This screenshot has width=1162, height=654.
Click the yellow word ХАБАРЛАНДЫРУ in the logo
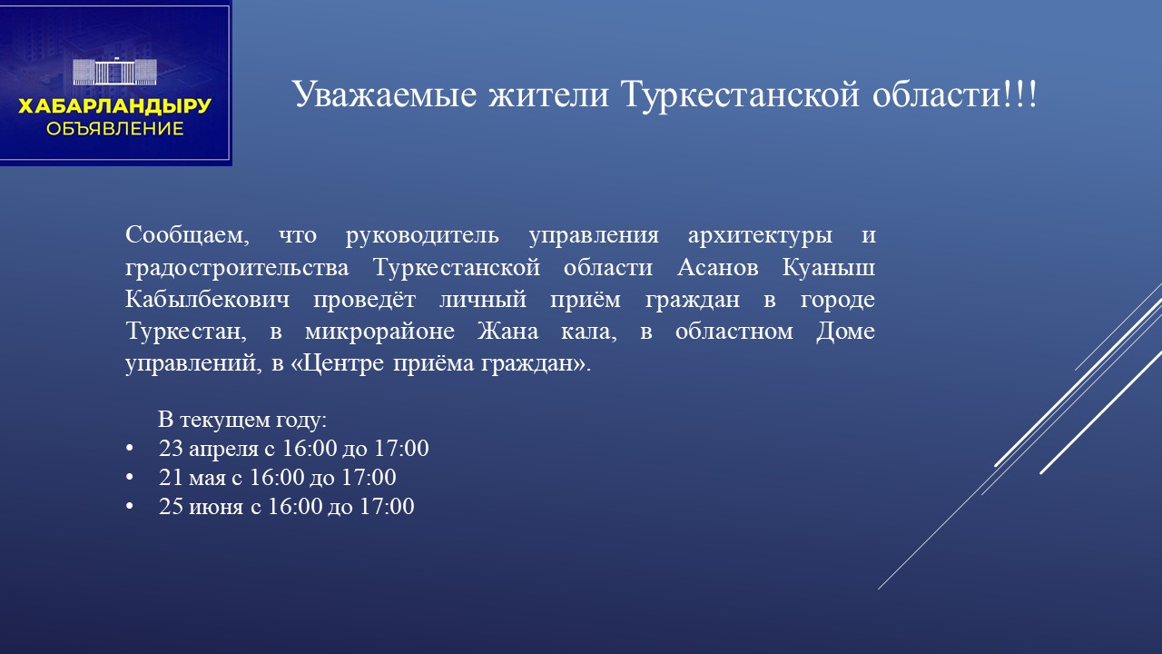114,107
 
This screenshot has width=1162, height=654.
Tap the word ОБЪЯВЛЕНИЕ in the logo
114,129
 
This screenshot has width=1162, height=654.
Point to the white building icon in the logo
114,73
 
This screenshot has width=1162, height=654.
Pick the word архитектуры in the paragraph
760,235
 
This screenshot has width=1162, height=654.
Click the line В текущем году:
241,421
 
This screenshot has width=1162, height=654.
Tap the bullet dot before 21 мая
129,478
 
